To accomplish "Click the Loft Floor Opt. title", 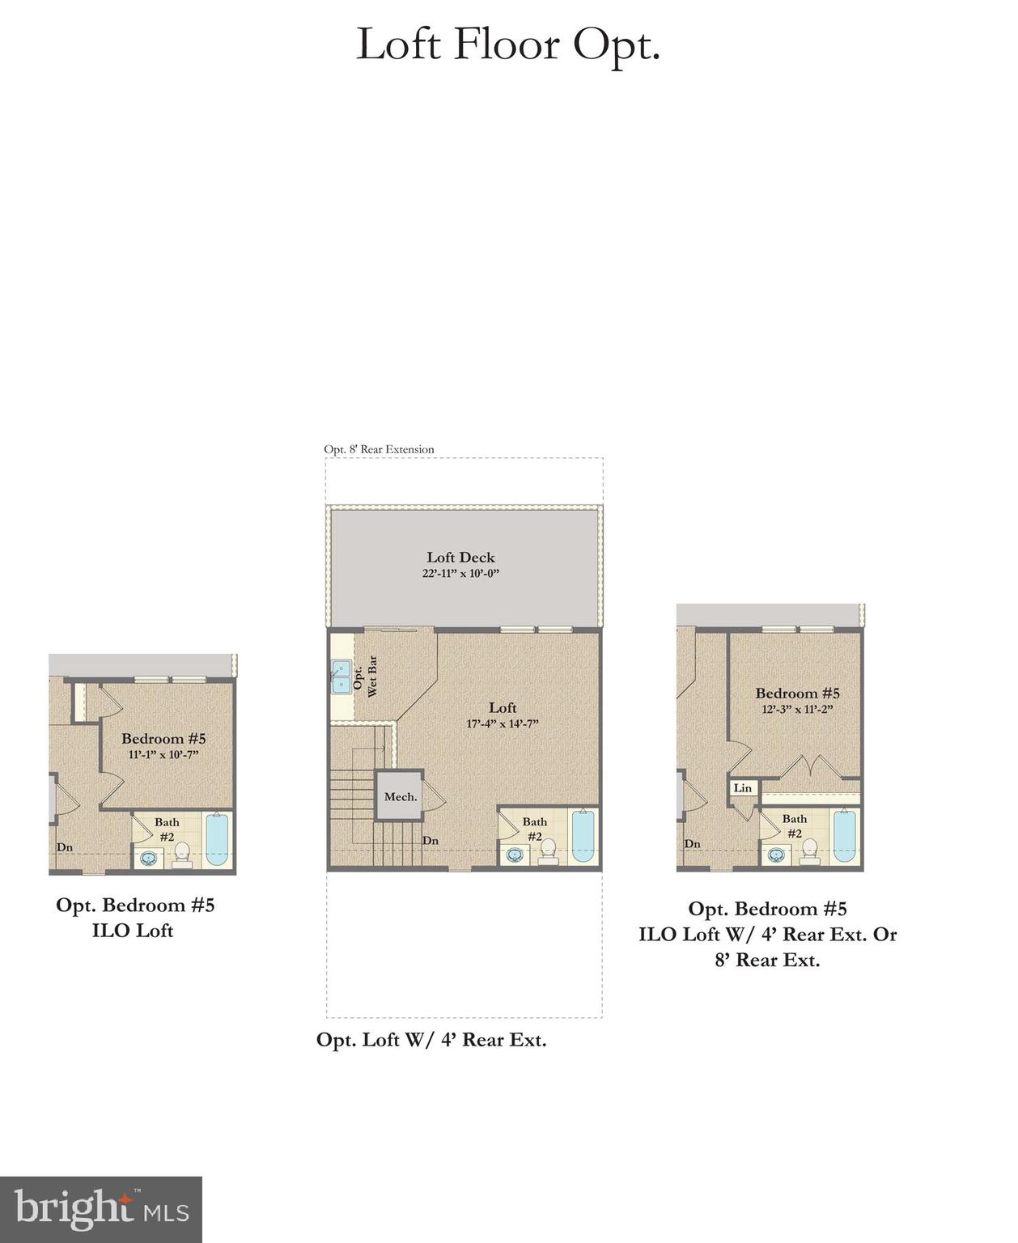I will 508,45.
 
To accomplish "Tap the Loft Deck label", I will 460,557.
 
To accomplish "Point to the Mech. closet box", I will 401,796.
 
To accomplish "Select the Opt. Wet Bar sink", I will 341,677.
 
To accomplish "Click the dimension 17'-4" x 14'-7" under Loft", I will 503,723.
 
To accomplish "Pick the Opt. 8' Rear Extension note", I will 379,449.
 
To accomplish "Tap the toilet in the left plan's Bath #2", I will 181,854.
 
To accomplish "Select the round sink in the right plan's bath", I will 777,854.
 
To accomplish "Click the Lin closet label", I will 743,787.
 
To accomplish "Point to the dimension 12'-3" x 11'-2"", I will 797,709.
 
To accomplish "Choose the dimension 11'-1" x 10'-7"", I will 163,754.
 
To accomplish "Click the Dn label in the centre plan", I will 431,841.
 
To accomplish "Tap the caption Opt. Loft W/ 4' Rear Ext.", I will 431,1040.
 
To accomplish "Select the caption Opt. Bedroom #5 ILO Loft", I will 135,918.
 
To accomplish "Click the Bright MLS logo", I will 101,1210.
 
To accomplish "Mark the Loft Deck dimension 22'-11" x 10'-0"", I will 460,573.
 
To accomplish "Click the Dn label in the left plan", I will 65,847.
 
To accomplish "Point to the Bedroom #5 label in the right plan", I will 797,693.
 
